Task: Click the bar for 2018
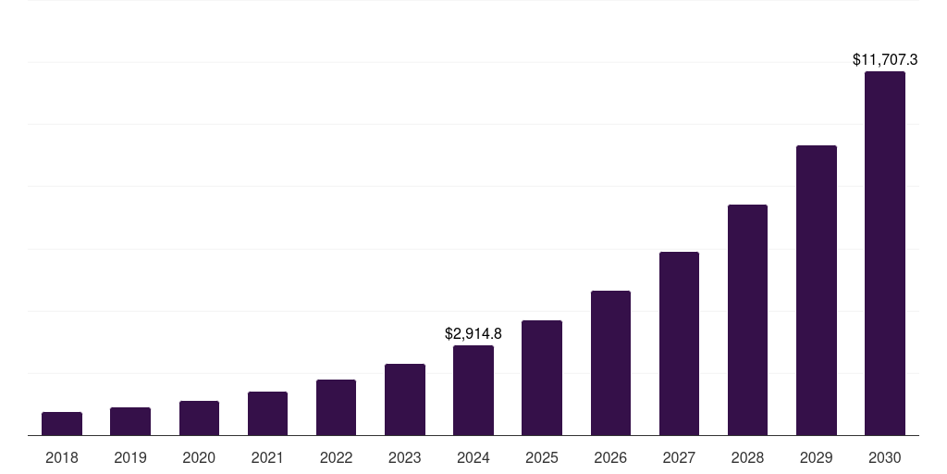[x=62, y=424]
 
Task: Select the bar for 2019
[x=130, y=421]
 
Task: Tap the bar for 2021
[x=267, y=414]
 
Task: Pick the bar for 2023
[x=405, y=400]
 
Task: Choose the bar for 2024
[x=473, y=391]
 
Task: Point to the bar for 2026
[x=610, y=363]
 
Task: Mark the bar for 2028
[x=747, y=320]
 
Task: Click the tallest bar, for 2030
[x=885, y=254]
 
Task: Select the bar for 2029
[x=817, y=291]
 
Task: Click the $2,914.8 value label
[x=473, y=333]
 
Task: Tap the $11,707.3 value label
[x=885, y=59]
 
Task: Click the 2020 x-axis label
[x=199, y=457]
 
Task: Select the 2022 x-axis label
[x=336, y=457]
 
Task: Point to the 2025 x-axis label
[x=542, y=457]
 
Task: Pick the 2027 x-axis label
[x=679, y=457]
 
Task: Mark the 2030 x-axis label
[x=885, y=457]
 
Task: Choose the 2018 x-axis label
[x=62, y=457]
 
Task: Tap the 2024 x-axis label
[x=473, y=457]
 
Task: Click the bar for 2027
[x=679, y=343]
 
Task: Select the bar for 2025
[x=542, y=378]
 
